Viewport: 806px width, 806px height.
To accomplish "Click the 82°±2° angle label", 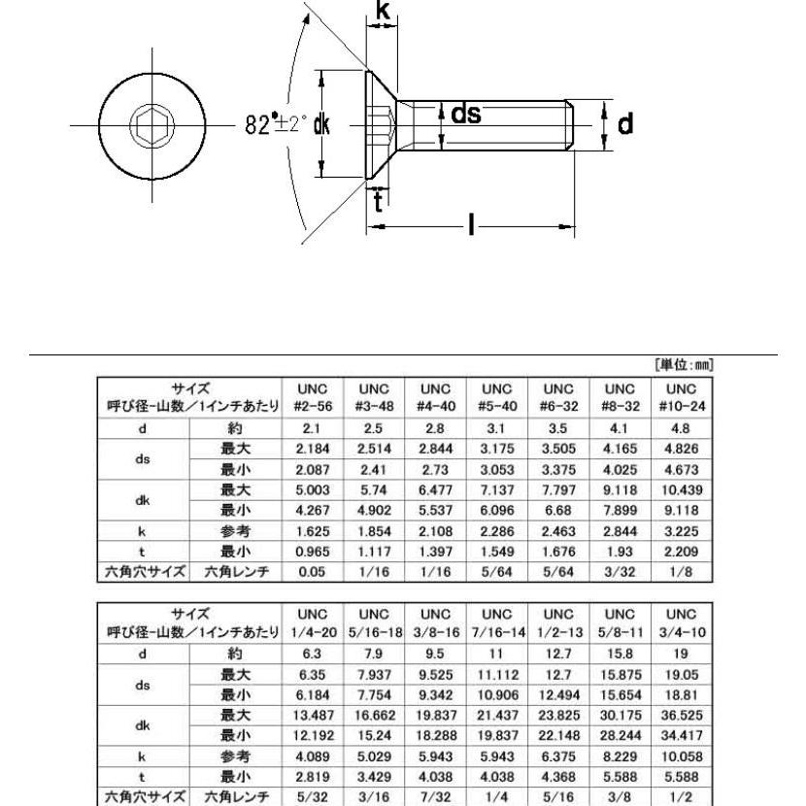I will pyautogui.click(x=276, y=125).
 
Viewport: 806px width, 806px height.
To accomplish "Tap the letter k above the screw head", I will pyautogui.click(x=385, y=13).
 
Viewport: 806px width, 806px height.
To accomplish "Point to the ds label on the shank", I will pyautogui.click(x=466, y=116).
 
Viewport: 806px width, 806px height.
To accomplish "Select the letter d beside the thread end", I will pyautogui.click(x=627, y=124).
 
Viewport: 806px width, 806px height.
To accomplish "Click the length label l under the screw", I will pyautogui.click(x=472, y=228).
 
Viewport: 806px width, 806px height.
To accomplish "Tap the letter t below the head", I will pyautogui.click(x=380, y=202).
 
